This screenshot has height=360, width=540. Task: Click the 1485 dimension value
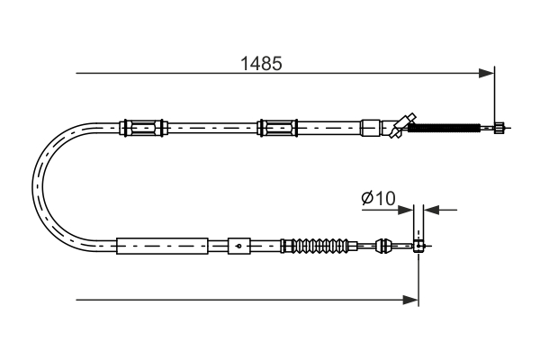point(261,64)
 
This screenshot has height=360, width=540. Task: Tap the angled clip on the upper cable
point(400,124)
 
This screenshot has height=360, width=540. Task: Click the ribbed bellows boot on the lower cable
point(319,244)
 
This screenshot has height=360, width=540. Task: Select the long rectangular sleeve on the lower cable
point(162,244)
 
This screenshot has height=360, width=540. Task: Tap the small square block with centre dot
point(238,244)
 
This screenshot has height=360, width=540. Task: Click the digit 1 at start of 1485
point(244,64)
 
